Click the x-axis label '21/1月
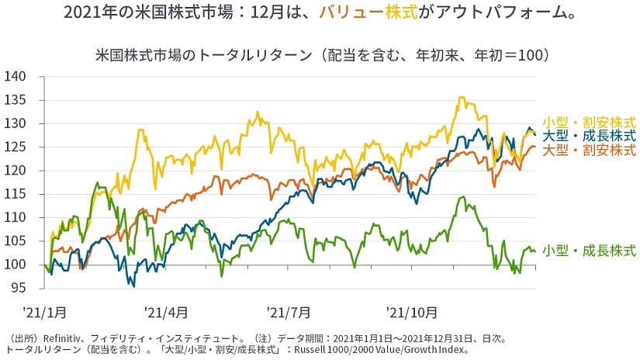44,312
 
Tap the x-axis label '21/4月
166,312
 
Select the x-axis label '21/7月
288,312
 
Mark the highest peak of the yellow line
462,98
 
